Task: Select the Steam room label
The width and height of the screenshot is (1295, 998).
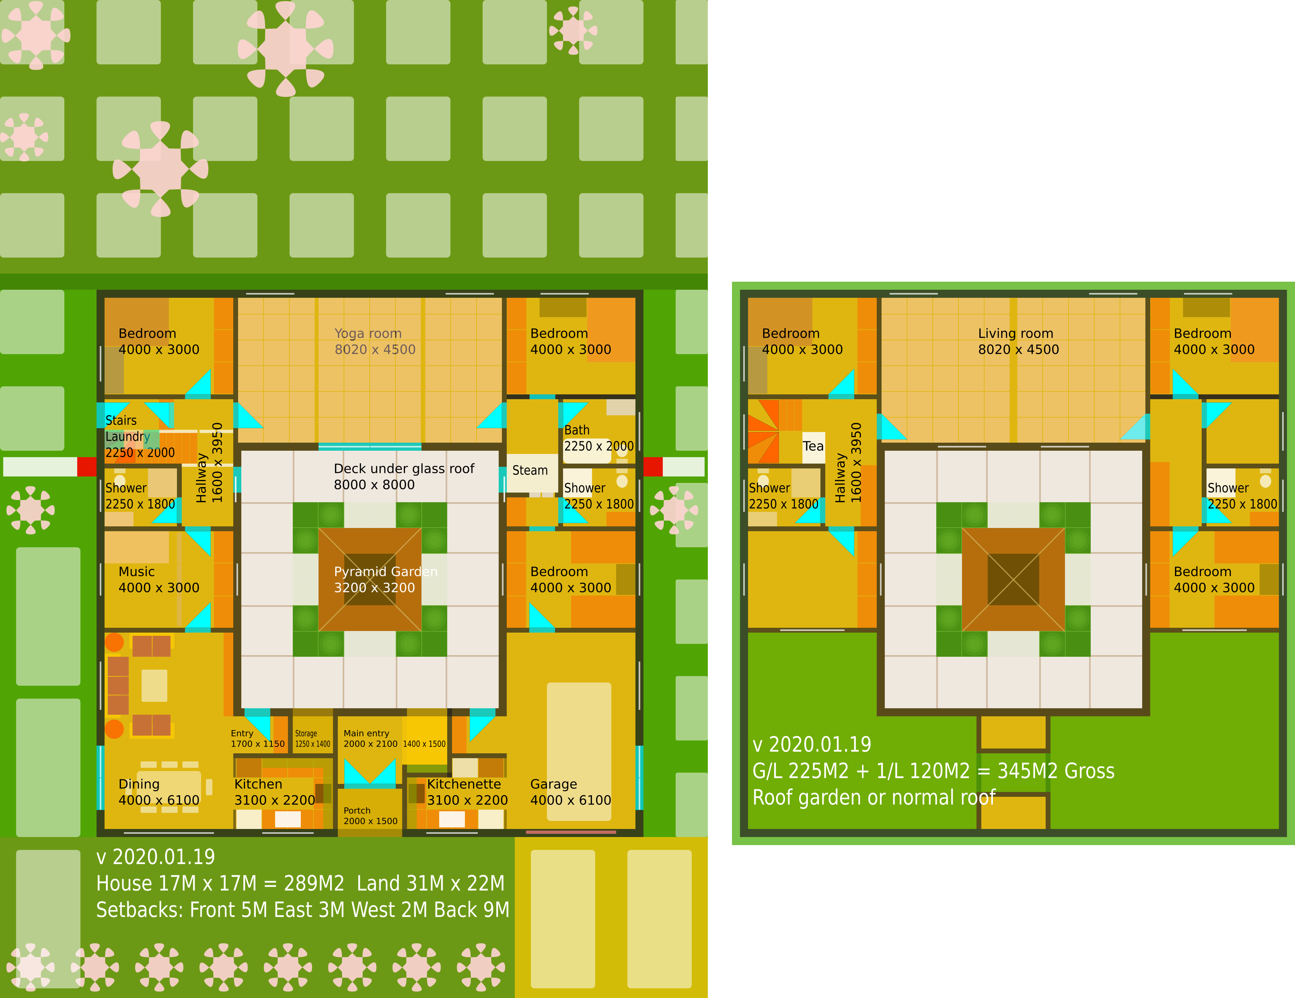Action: click(530, 470)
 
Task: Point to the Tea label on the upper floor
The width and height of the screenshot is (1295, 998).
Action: click(813, 446)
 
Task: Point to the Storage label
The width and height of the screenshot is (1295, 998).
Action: click(306, 733)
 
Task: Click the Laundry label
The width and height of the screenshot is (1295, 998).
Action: click(127, 437)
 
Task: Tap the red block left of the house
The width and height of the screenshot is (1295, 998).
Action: click(87, 466)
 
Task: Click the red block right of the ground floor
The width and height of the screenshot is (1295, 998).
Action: click(653, 466)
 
